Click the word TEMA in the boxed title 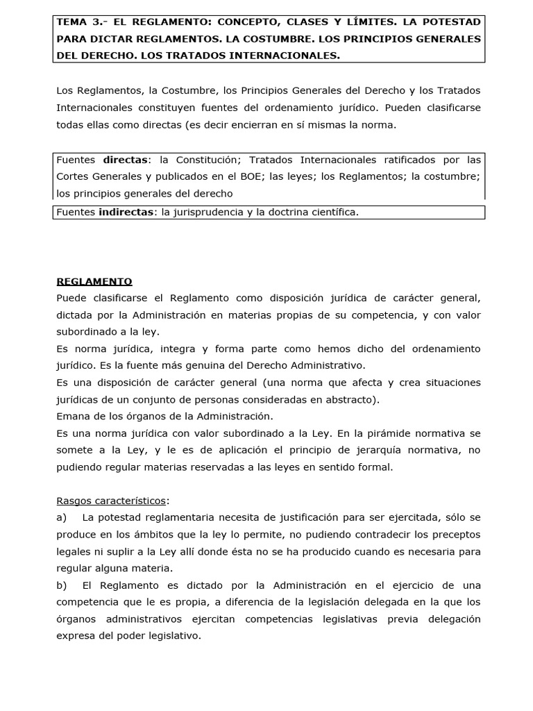(x=71, y=22)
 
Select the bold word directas (x=126, y=160)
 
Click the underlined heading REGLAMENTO (x=94, y=281)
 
